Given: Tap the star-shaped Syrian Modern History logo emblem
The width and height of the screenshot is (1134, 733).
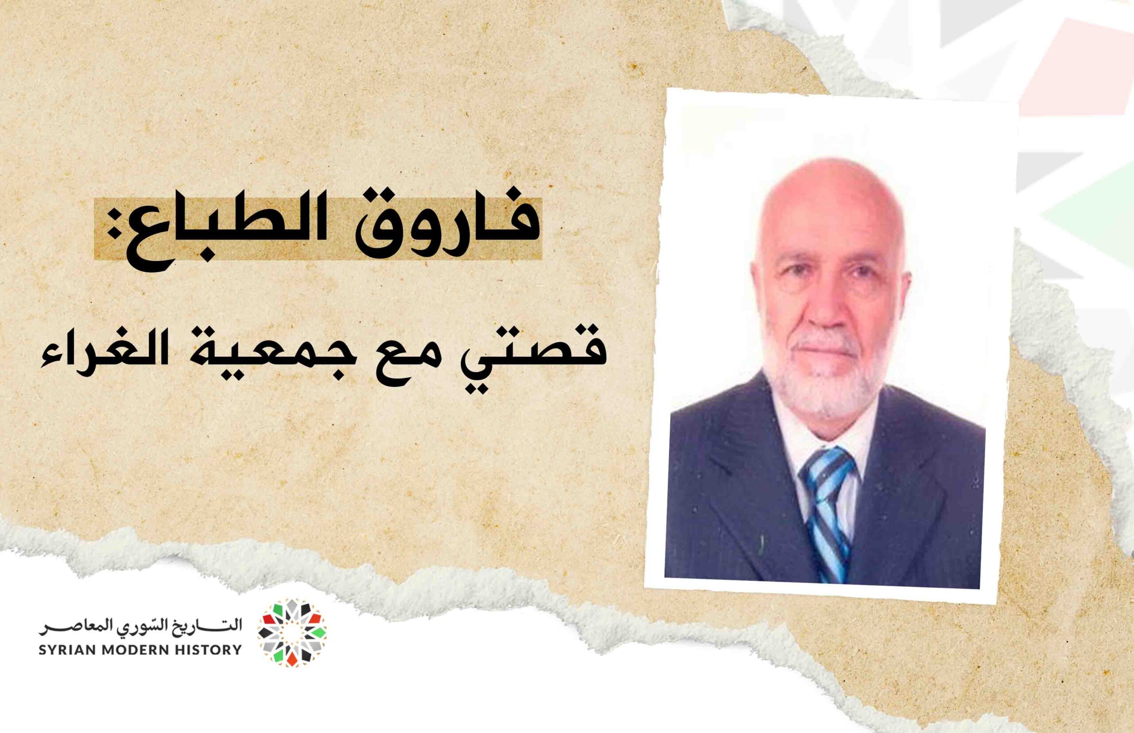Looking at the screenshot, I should [x=292, y=633].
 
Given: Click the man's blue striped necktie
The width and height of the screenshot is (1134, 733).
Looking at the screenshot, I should [x=829, y=514].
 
